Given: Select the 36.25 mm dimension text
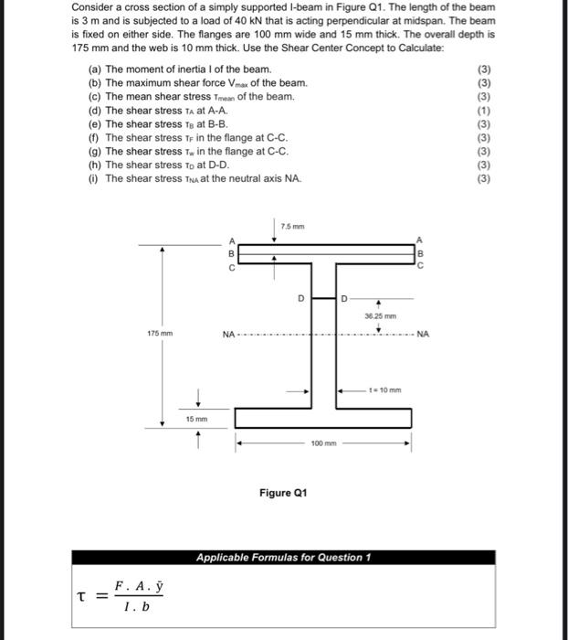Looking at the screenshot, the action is click(x=379, y=315).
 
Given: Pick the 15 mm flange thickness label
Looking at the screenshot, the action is click(x=197, y=419).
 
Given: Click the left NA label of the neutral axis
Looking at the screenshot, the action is click(x=229, y=333).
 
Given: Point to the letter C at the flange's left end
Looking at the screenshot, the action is click(x=232, y=268).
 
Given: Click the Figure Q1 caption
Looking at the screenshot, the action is click(x=283, y=493).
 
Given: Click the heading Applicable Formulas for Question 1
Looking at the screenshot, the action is click(x=282, y=558).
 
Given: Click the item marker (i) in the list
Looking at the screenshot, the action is click(x=94, y=178).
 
